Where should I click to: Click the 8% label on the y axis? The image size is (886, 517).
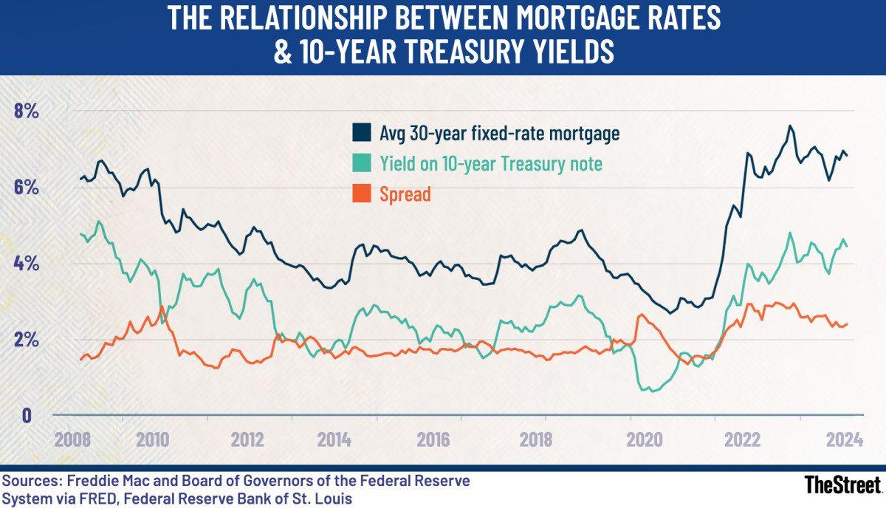tap(27, 112)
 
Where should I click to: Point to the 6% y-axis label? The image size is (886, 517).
tap(27, 188)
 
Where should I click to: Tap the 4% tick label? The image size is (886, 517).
tap(27, 264)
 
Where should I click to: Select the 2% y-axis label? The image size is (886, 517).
tap(27, 340)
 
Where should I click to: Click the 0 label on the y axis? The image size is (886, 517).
tap(27, 415)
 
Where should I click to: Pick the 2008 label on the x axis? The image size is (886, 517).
tap(73, 440)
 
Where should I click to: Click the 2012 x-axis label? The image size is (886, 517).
tap(247, 440)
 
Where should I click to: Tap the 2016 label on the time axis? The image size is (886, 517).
tap(433, 440)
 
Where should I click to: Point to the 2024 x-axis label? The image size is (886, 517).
tap(844, 440)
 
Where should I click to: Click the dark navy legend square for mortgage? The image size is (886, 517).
tap(362, 134)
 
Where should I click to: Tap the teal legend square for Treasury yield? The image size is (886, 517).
tap(362, 164)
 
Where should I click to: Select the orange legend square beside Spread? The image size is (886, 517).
tap(362, 194)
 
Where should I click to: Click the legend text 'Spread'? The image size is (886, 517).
tap(405, 194)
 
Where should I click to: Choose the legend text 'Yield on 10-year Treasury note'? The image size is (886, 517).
tap(491, 164)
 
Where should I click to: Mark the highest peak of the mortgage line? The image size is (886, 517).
tap(790, 126)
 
